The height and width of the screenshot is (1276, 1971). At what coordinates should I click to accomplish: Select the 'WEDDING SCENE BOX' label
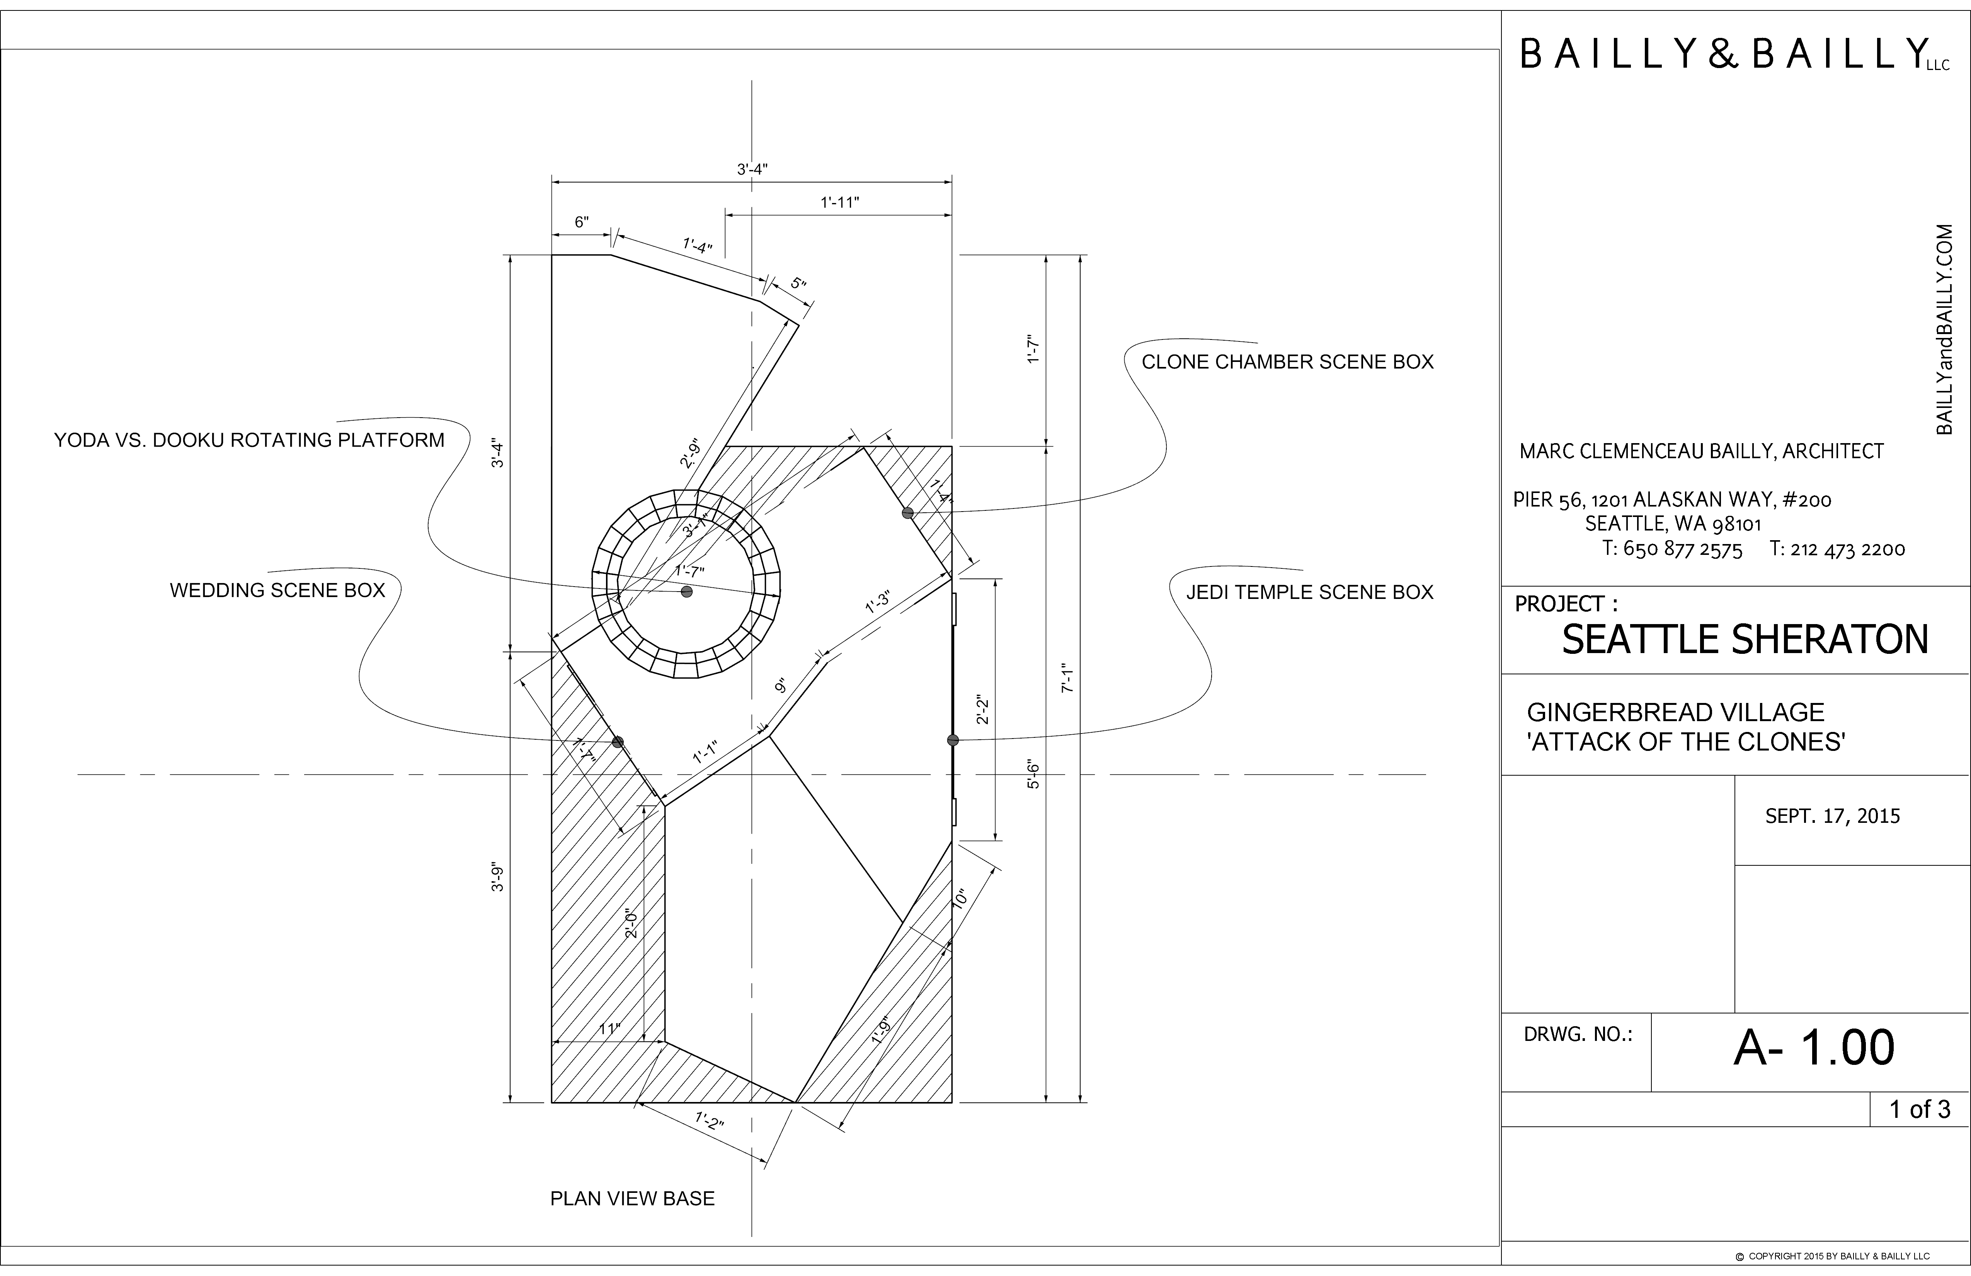[277, 590]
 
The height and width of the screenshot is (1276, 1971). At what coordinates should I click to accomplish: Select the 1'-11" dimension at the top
[840, 202]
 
